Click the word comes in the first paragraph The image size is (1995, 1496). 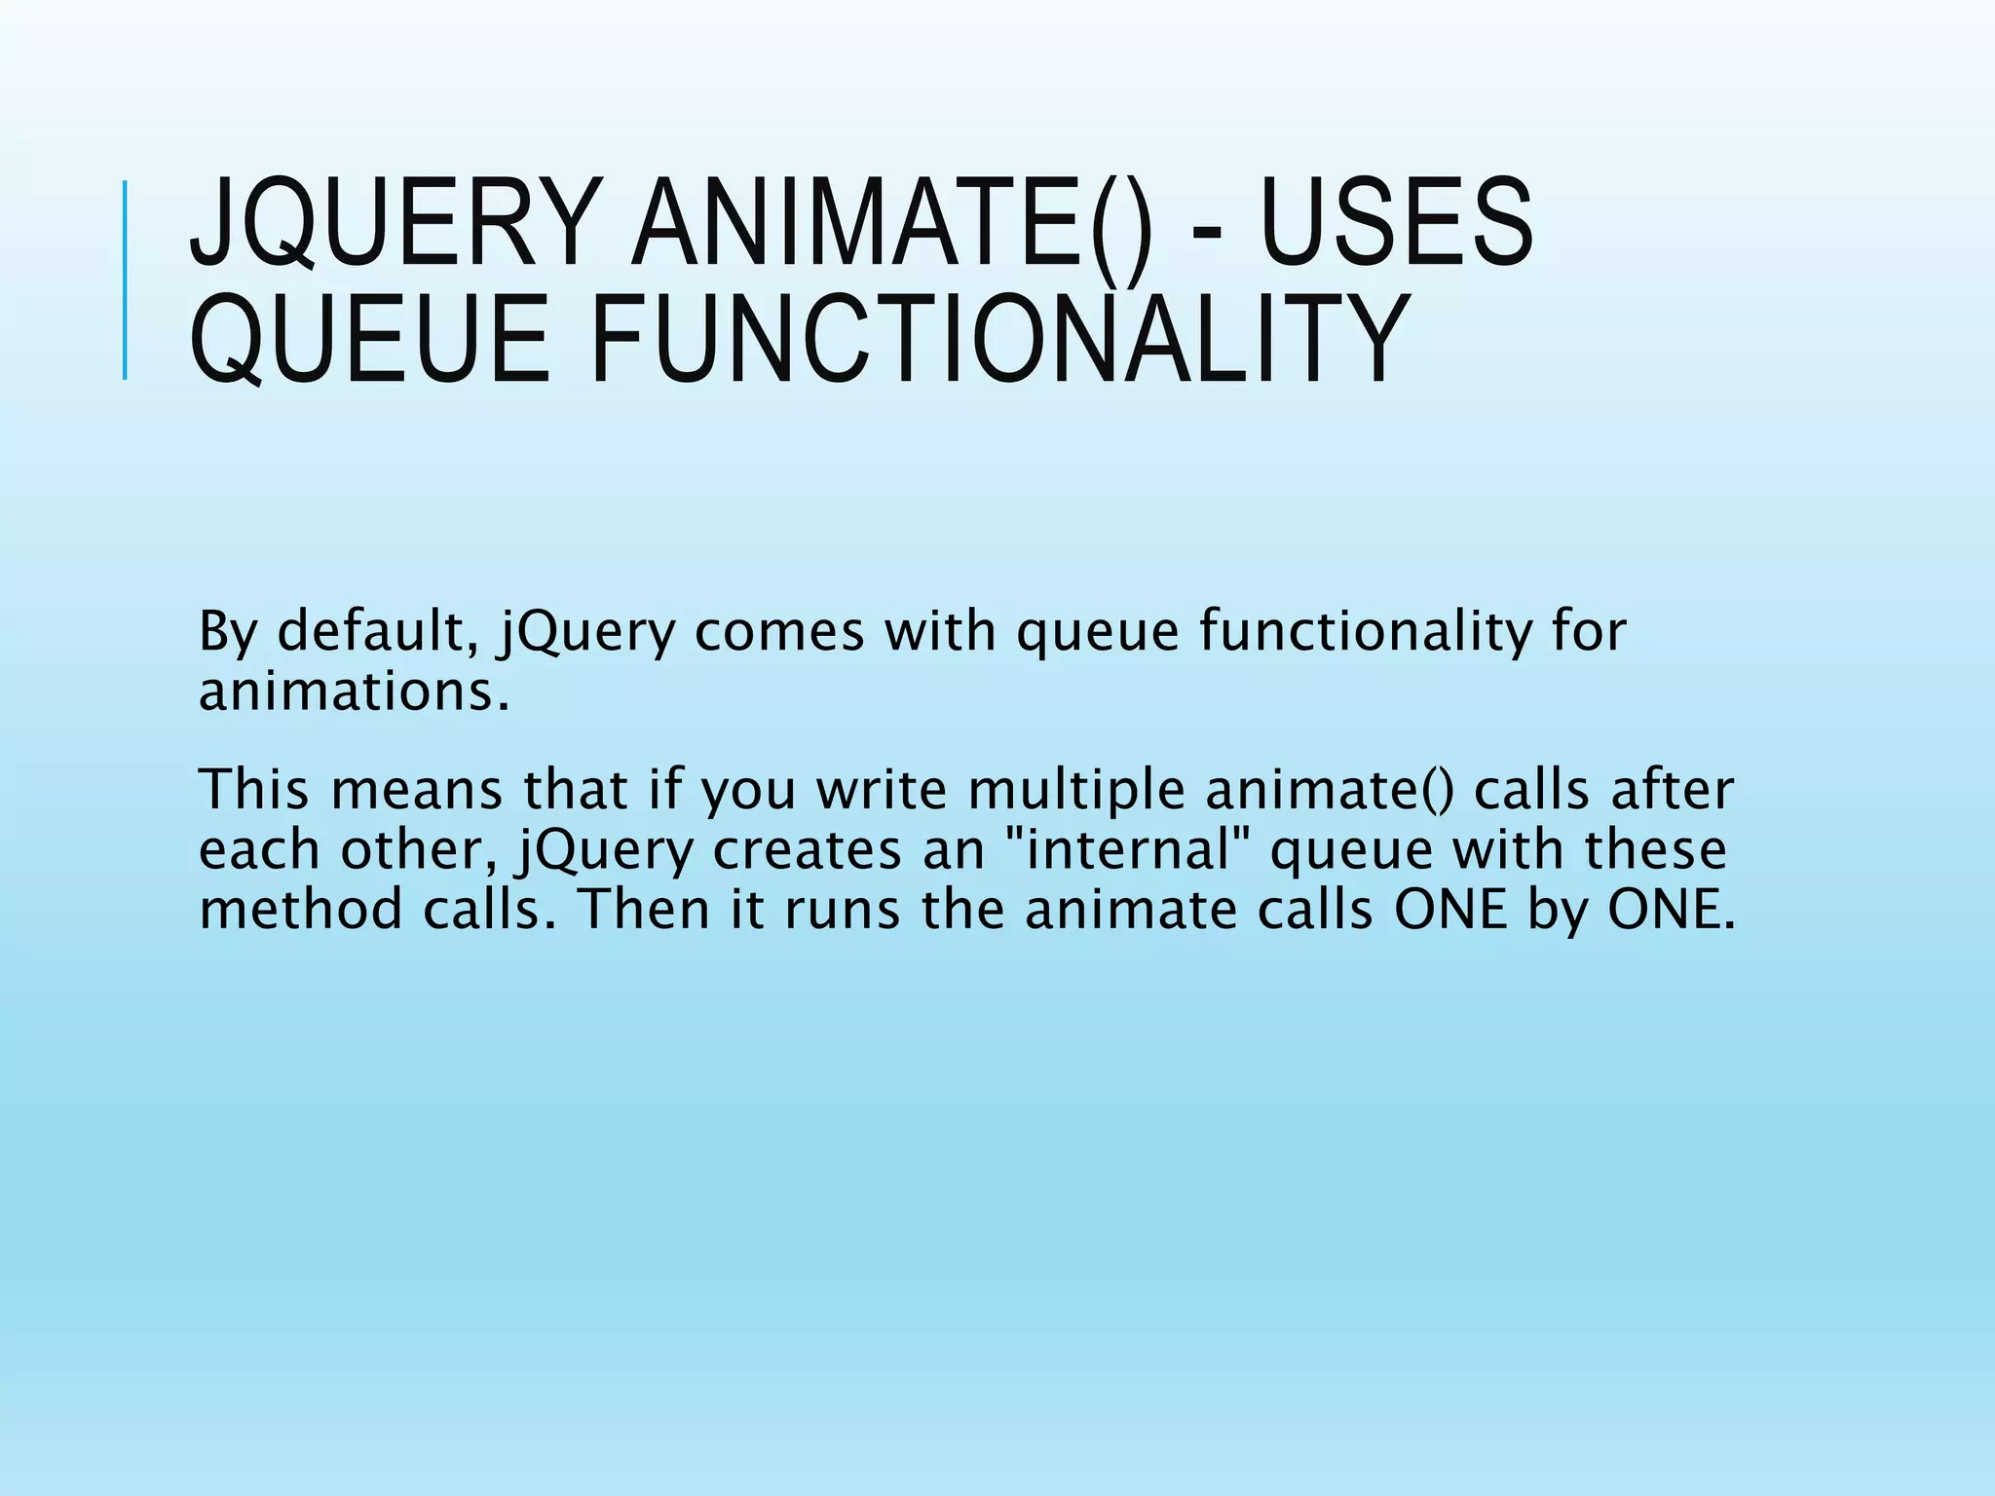point(779,631)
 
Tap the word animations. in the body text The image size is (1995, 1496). point(354,692)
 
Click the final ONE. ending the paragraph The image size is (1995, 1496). point(1671,910)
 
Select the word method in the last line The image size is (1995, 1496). point(300,910)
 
